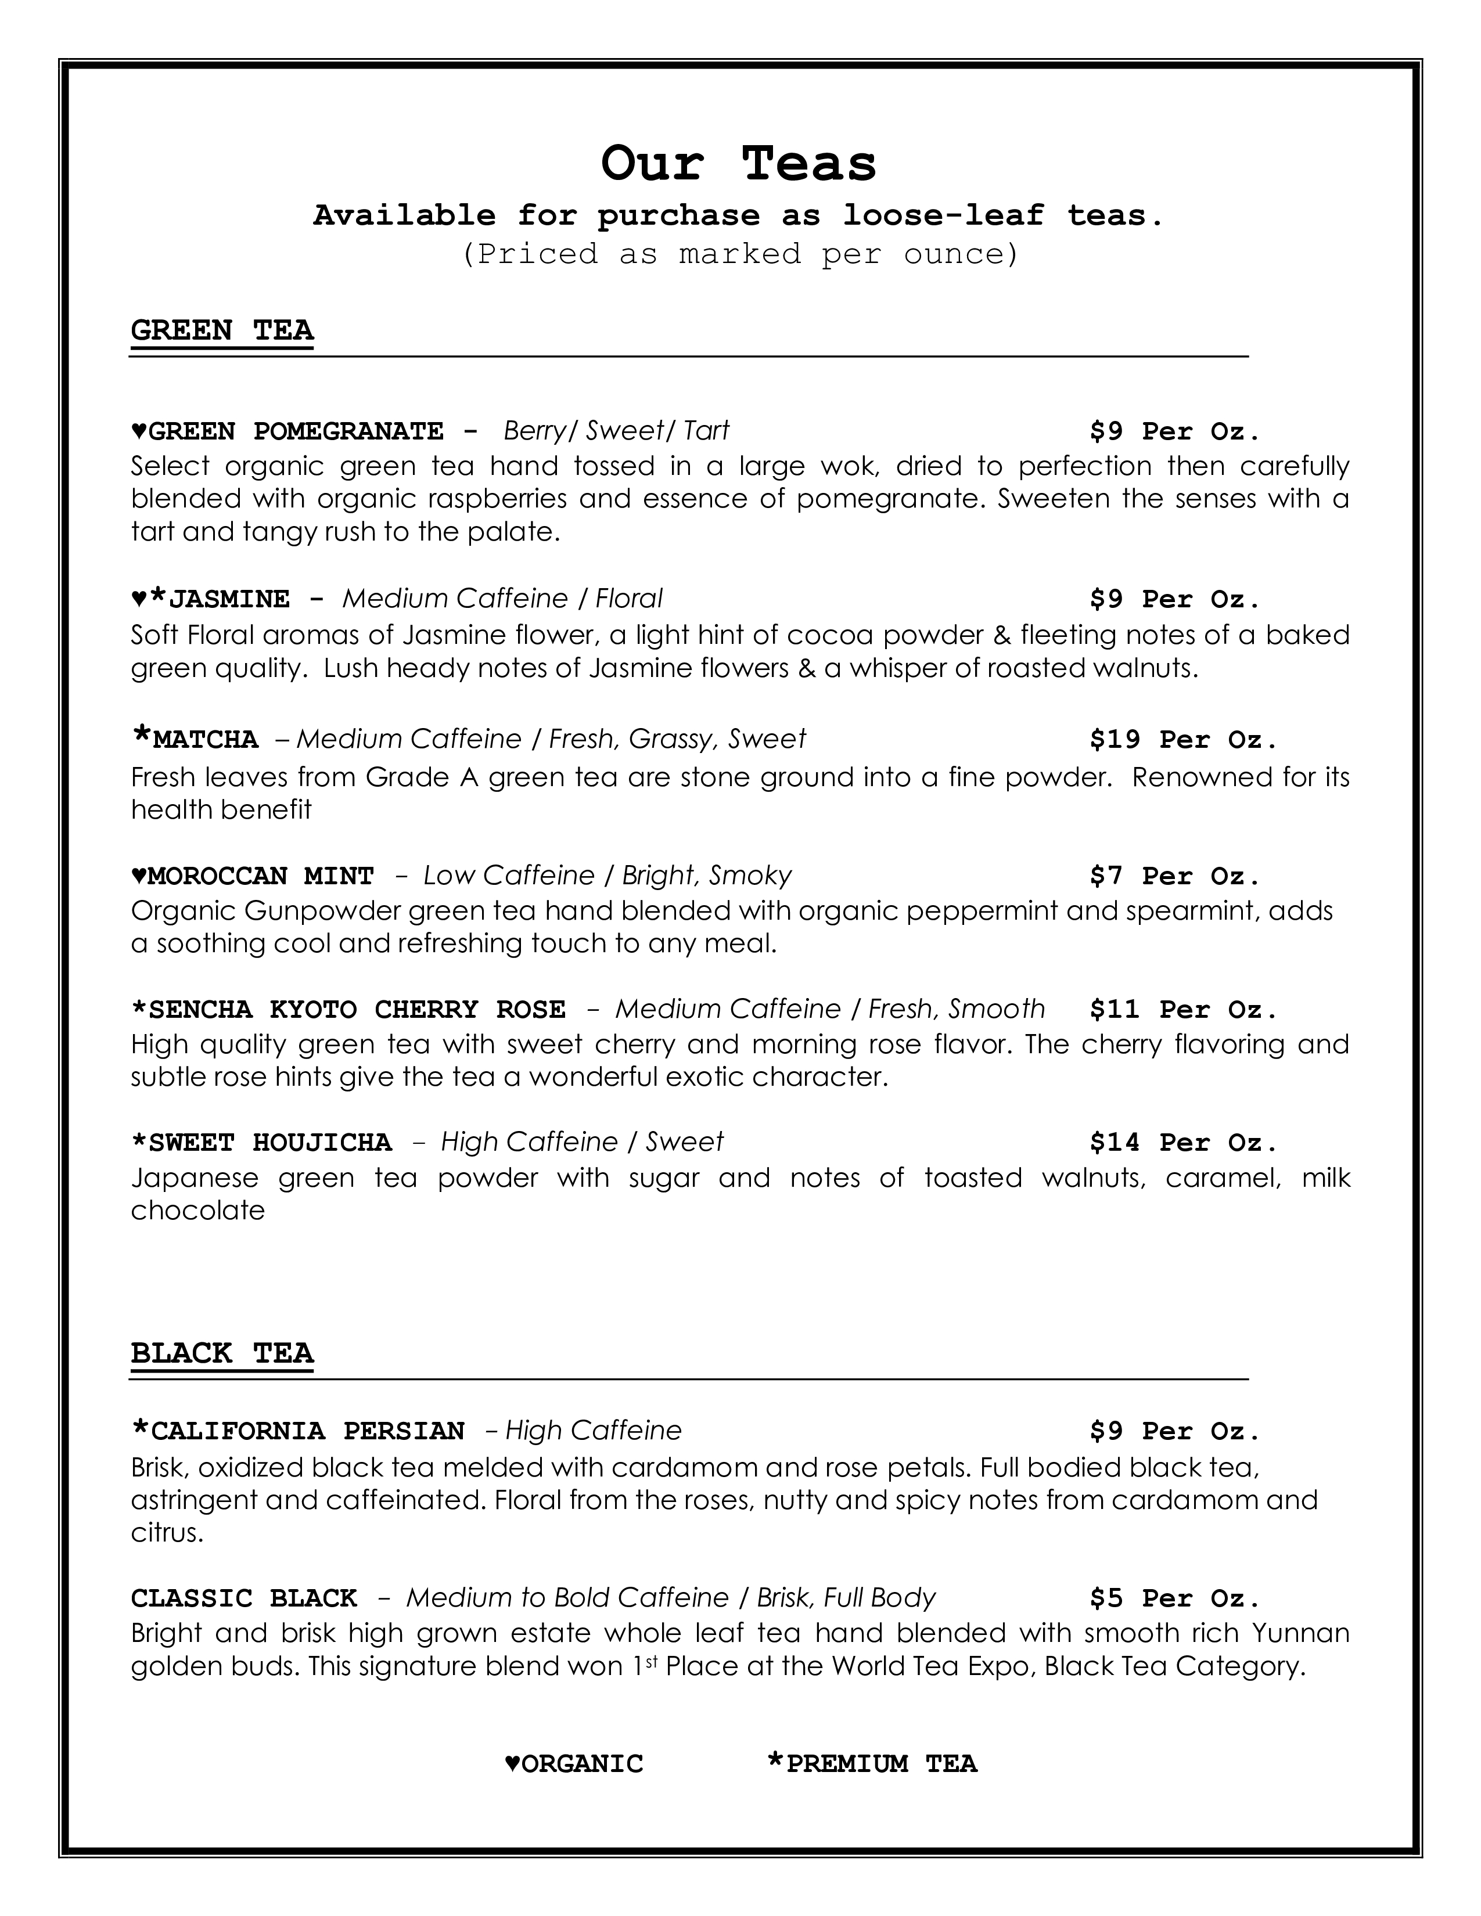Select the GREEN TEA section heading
click(222, 331)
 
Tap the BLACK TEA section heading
click(222, 1353)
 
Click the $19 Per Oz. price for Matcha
click(1182, 740)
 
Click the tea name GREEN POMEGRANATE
click(296, 431)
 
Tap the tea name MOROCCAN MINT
click(261, 876)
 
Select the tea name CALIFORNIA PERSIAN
click(307, 1431)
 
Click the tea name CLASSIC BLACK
click(244, 1598)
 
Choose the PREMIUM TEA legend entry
click(880, 1763)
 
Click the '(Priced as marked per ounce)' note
click(739, 254)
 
